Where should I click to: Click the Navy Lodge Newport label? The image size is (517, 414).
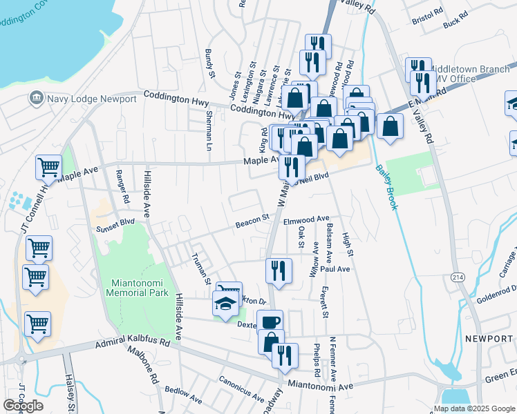click(91, 99)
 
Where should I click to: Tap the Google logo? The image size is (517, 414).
click(23, 406)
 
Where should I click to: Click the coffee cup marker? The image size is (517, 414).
click(270, 322)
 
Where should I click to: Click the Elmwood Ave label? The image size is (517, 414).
click(306, 220)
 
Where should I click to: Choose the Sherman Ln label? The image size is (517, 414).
click(208, 132)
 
